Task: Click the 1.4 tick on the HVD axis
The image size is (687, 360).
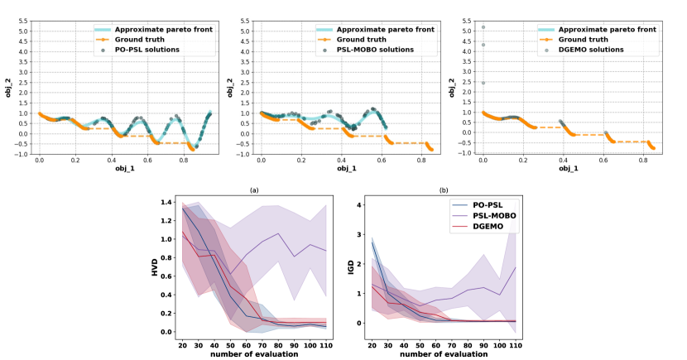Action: pyautogui.click(x=169, y=203)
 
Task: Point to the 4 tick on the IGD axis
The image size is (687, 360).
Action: pyautogui.click(x=361, y=204)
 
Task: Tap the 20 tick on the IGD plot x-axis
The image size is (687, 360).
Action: pyautogui.click(x=373, y=344)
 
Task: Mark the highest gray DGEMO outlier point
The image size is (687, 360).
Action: pyautogui.click(x=483, y=27)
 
